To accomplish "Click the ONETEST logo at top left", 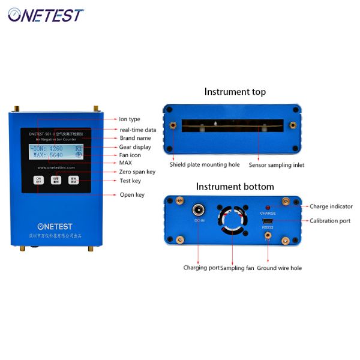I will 46,14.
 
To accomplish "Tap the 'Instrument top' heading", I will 235,92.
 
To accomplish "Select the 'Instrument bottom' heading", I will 235,187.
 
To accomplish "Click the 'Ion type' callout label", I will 130,119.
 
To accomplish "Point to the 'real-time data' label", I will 137,129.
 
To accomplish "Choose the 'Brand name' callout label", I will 134,138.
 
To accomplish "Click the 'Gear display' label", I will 135,147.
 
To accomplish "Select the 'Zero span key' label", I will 137,172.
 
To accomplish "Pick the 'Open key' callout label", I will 131,194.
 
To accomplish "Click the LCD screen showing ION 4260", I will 56,152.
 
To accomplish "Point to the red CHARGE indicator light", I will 268,206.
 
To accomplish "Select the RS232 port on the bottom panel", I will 268,223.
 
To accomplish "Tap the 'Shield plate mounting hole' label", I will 204,164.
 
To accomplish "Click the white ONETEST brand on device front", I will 56,226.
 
